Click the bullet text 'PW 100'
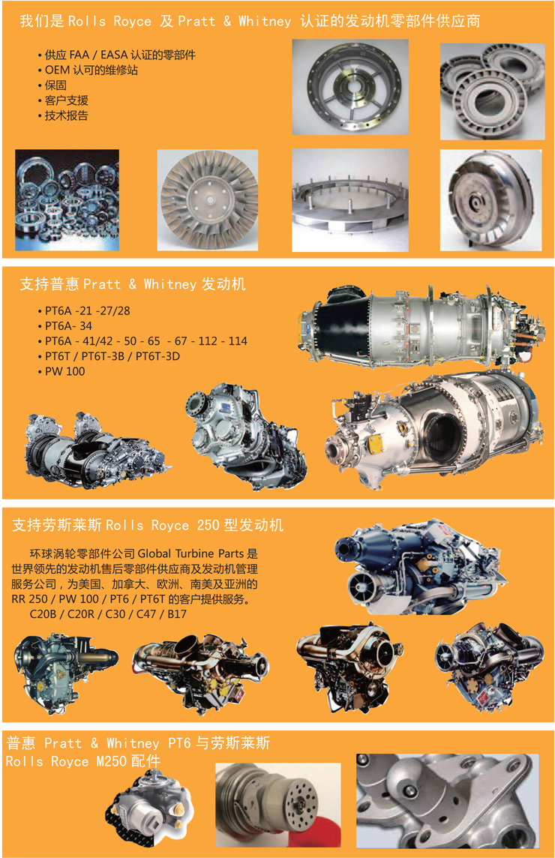click(64, 371)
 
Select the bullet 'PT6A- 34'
click(68, 325)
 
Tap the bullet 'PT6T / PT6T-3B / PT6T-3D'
click(112, 356)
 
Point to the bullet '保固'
click(55, 85)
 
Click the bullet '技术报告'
click(66, 115)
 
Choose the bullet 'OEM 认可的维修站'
click(91, 70)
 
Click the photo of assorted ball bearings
click(67, 199)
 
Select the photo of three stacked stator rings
click(492, 91)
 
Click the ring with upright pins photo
click(349, 199)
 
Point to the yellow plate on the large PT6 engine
click(376, 444)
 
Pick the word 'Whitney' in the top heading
click(265, 21)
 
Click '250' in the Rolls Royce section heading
click(208, 525)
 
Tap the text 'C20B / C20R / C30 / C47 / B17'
click(108, 614)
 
